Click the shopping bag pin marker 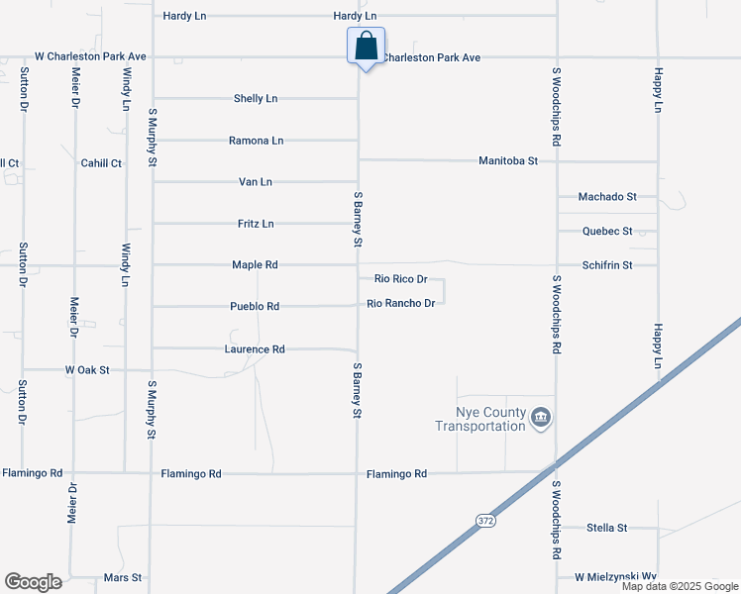366,46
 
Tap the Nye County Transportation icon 541,417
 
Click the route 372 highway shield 484,520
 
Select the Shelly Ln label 256,99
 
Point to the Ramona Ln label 256,141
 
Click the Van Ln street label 256,182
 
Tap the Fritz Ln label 256,224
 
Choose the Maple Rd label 255,265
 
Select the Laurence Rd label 255,349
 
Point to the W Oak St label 86,369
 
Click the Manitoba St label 507,159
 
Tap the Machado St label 609,198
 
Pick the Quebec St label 607,232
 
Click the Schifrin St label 607,265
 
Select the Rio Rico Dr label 400,280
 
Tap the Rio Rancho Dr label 401,303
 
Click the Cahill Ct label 101,163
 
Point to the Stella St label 607,528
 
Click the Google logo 33,582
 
